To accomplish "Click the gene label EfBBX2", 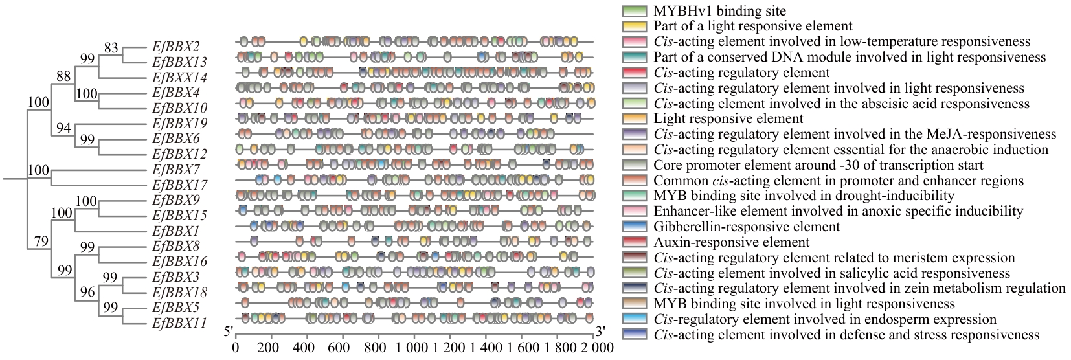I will click(x=175, y=47).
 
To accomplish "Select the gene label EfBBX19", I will click(x=179, y=123).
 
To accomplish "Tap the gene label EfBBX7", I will click(x=175, y=169).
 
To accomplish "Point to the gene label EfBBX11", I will click(x=179, y=323).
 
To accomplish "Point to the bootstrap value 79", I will click(x=41, y=242).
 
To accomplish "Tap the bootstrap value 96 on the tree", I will click(x=87, y=292).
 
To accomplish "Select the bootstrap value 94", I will click(x=63, y=128).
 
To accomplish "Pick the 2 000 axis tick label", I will click(x=592, y=347).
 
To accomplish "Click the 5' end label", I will click(x=228, y=332).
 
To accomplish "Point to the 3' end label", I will click(x=600, y=332).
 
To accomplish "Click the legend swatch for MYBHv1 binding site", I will click(x=634, y=11).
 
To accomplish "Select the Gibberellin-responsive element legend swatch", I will click(x=634, y=227).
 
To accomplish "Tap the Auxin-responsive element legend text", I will click(x=731, y=242).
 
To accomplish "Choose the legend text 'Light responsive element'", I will click(x=728, y=118).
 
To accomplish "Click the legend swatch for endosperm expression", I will click(x=634, y=319).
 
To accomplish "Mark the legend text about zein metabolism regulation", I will click(x=859, y=288).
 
